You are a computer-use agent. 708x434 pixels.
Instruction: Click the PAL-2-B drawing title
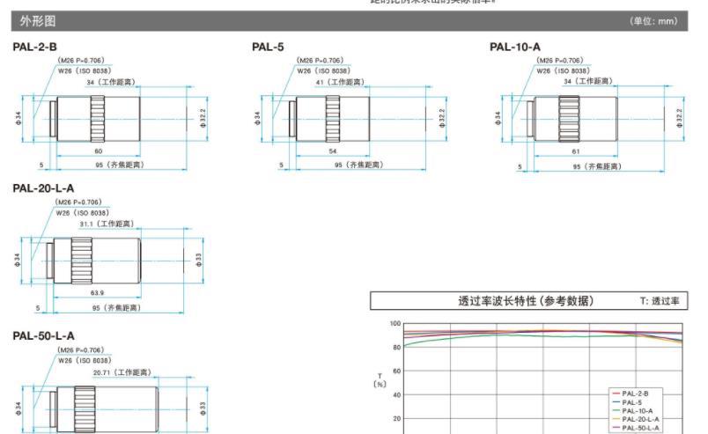tap(35, 47)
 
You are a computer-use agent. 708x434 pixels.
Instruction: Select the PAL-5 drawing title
tap(268, 47)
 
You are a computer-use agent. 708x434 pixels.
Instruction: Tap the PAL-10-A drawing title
tap(515, 47)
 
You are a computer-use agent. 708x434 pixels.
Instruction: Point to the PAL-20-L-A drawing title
tap(43, 188)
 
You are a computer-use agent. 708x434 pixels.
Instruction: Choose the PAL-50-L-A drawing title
tap(43, 335)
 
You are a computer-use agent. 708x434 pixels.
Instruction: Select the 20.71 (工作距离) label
tap(123, 371)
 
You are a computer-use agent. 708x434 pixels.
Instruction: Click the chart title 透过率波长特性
tap(525, 301)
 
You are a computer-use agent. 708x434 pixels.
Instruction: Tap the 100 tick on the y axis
tap(395, 324)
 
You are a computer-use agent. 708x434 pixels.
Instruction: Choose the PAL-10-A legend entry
tap(637, 410)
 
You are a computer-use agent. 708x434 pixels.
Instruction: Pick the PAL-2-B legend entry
tap(635, 393)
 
